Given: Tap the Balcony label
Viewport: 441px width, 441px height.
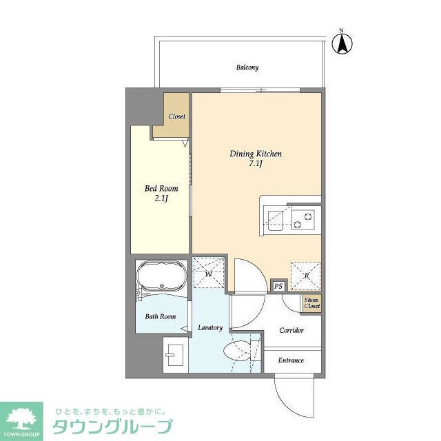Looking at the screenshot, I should (247, 68).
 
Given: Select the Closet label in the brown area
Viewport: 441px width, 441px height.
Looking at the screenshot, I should (177, 116).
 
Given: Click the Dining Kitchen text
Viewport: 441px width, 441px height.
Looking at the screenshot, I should (256, 154).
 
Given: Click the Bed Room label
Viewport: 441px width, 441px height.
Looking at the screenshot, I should (161, 188).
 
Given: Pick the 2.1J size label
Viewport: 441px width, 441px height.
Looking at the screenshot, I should (161, 198).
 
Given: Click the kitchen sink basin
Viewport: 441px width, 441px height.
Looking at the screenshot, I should (276, 218).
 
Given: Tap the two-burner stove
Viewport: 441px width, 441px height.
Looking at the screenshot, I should (303, 218).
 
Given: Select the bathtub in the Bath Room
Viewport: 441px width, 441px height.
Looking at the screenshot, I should (161, 279).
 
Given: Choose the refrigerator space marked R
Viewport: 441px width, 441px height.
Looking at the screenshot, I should (305, 274).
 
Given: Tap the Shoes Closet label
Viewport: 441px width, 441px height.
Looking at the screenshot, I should (311, 303).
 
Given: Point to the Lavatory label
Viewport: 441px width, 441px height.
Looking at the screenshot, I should (210, 327).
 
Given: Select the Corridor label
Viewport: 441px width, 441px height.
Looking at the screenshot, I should (291, 331).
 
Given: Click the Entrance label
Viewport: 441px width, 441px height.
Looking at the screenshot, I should (291, 360).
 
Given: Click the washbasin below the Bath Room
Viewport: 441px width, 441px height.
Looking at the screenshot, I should (174, 354).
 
